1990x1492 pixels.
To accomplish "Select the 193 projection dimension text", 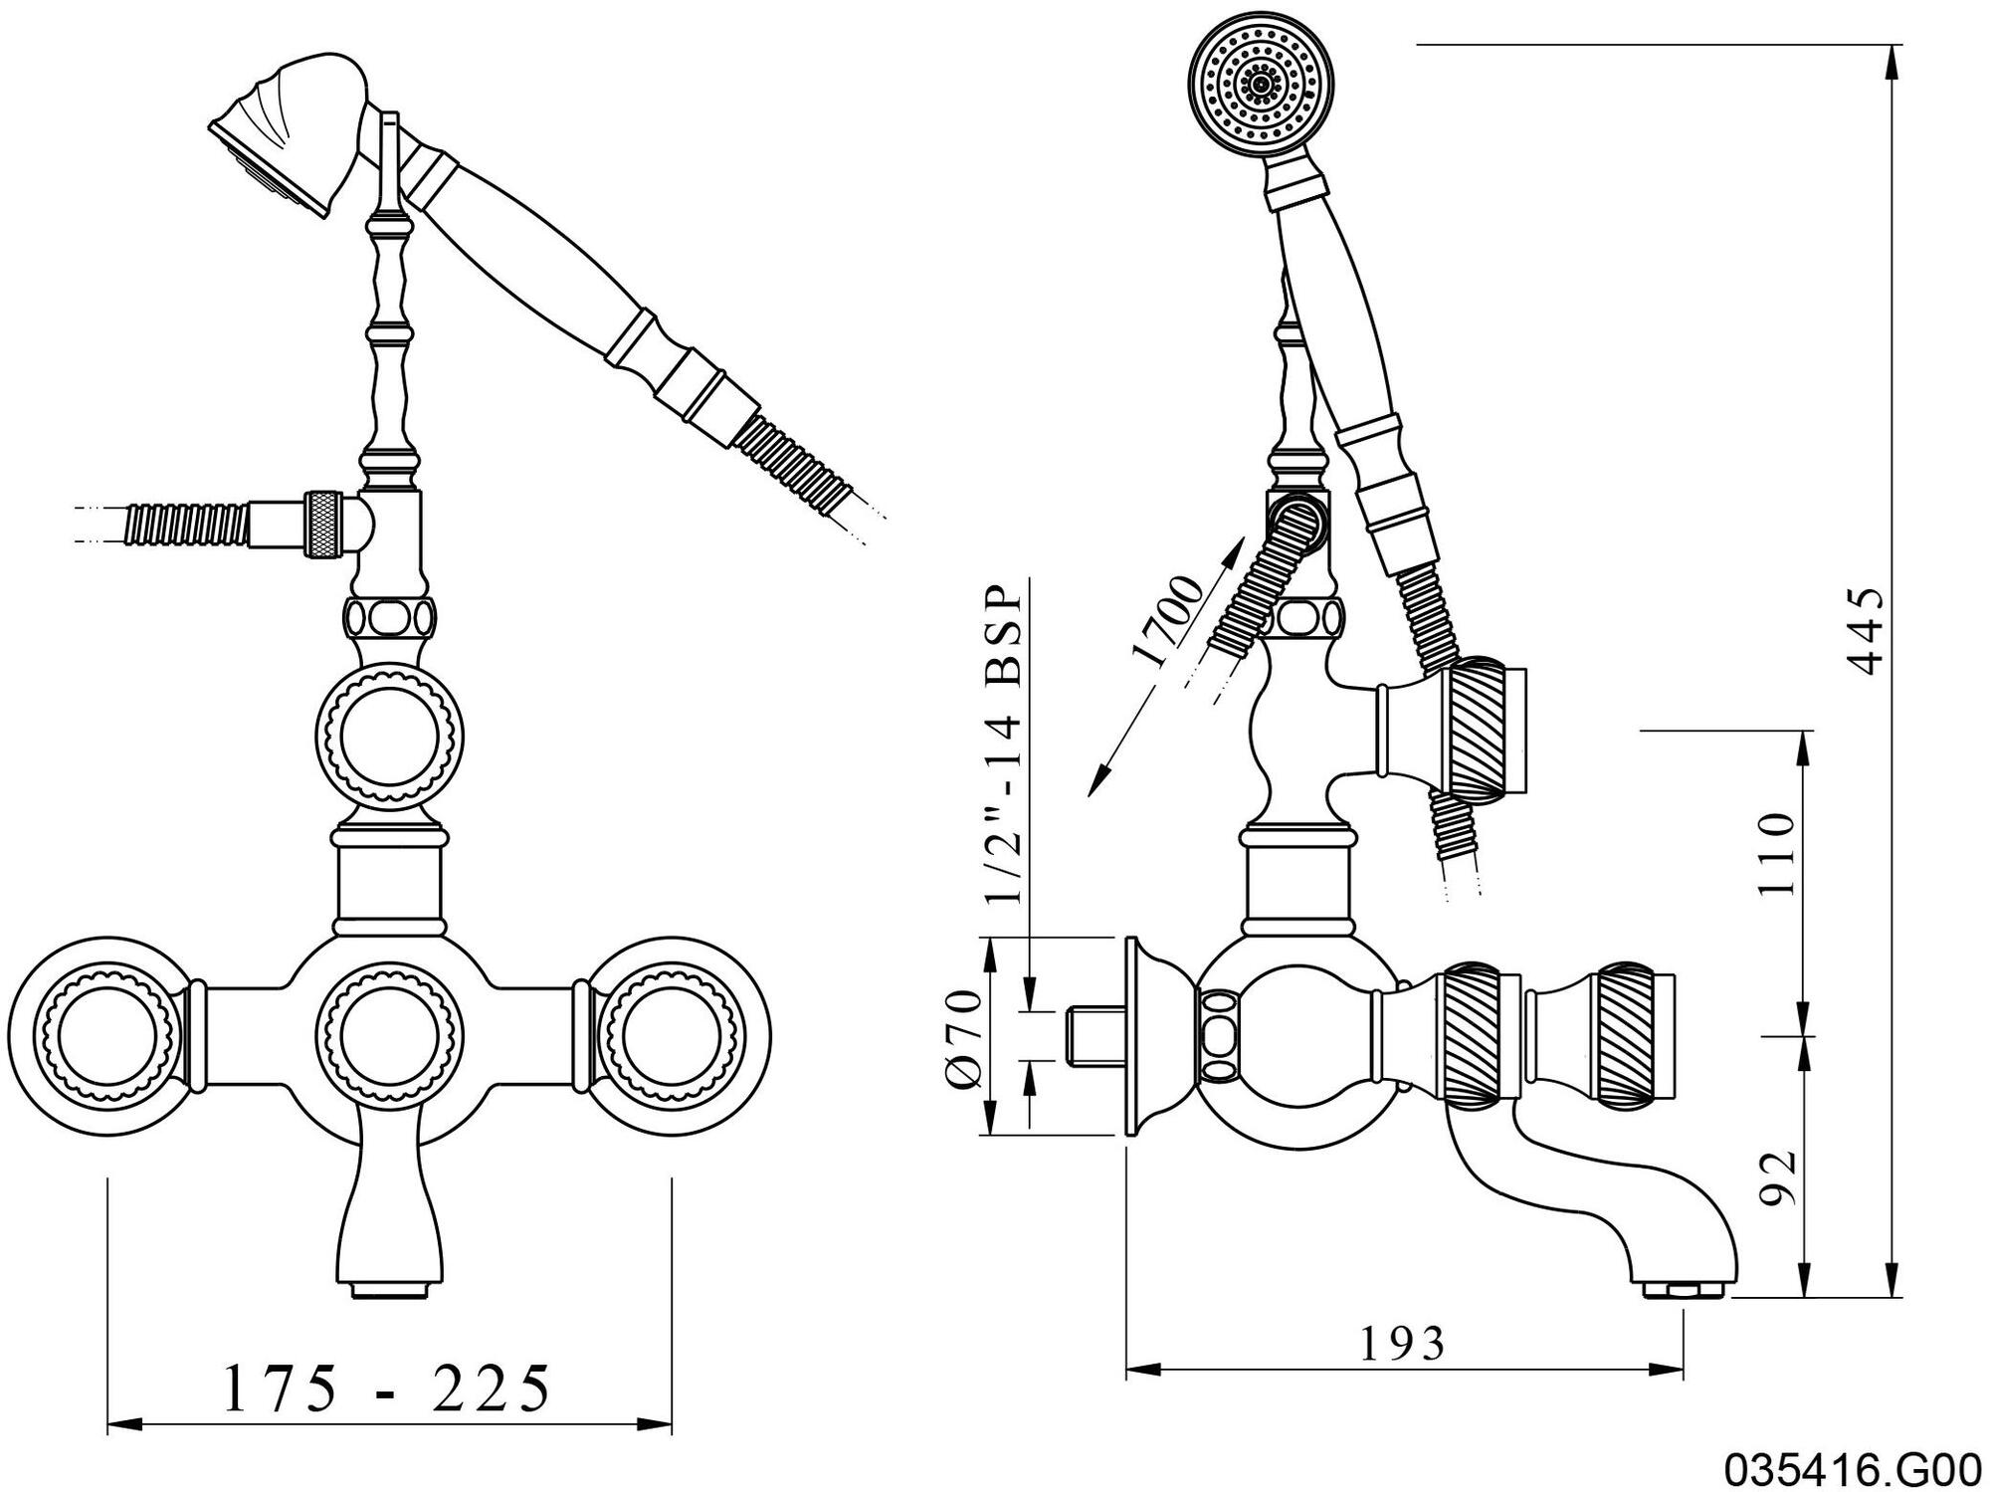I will click(1402, 1344).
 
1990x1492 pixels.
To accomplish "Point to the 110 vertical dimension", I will click(1775, 855).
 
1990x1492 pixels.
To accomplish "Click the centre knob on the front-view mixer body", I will click(390, 1038).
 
